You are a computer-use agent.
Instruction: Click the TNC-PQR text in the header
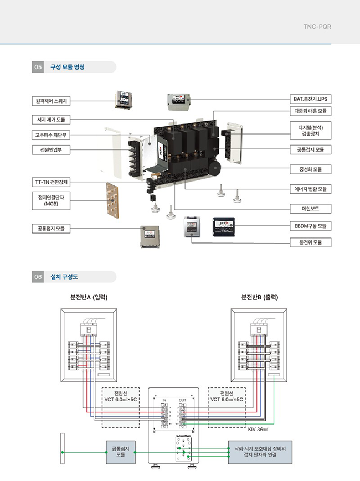(x=317, y=26)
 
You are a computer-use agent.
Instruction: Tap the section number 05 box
(x=38, y=67)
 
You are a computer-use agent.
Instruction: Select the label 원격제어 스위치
(x=54, y=101)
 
